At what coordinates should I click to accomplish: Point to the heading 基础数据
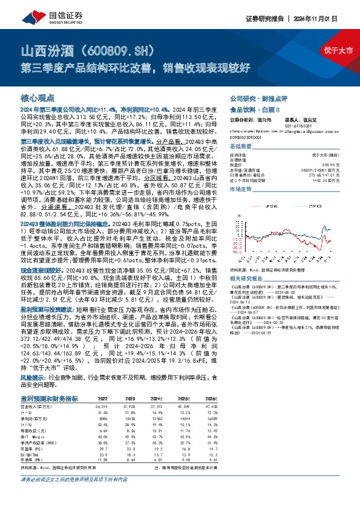click(242, 147)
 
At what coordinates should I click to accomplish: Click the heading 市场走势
click(242, 188)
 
